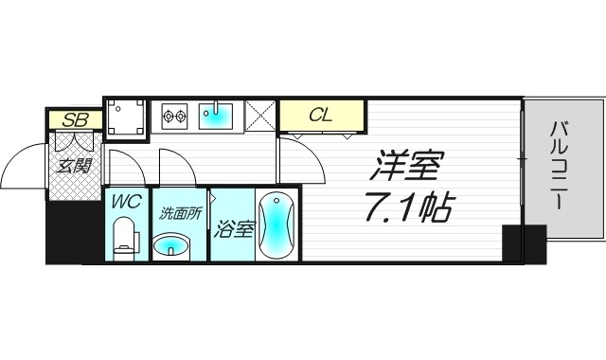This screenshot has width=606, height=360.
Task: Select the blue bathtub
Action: click(x=277, y=225)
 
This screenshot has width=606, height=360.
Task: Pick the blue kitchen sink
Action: click(x=219, y=115)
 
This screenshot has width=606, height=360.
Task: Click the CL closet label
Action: click(x=320, y=116)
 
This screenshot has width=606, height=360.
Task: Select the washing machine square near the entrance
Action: click(x=125, y=117)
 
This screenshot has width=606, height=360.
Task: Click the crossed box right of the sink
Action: click(x=259, y=116)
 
